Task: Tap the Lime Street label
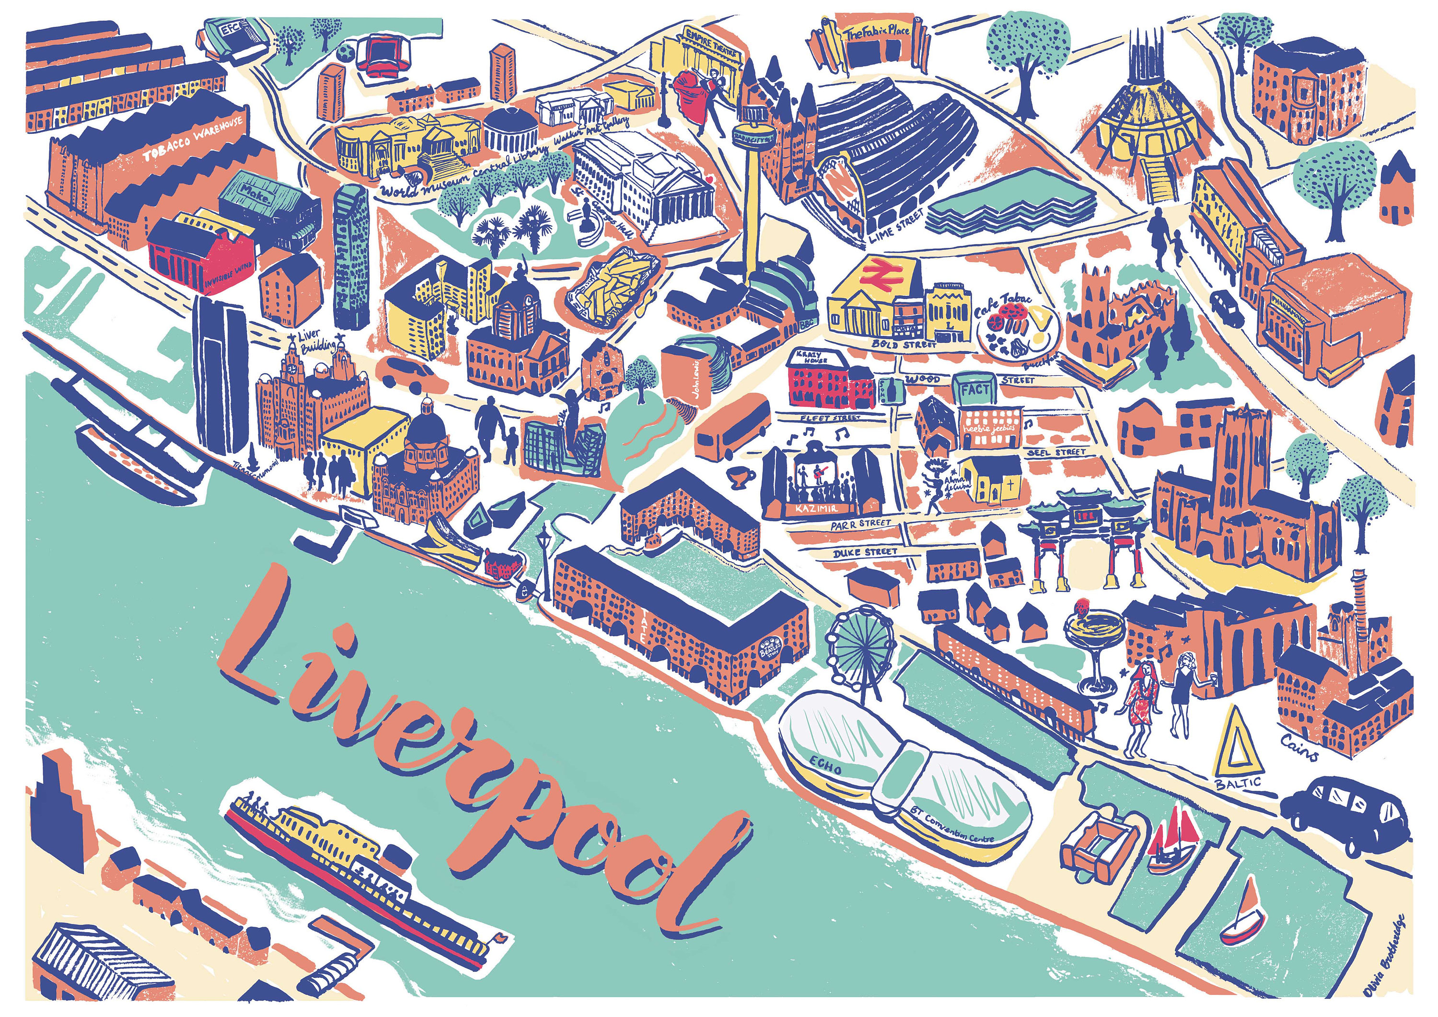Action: [895, 225]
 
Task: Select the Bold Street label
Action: [904, 344]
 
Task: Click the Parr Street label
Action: [860, 524]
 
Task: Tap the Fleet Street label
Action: [831, 417]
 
